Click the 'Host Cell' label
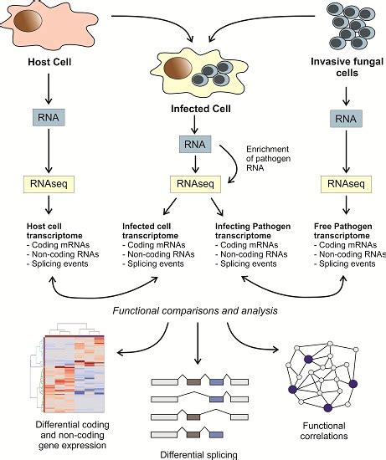click(x=36, y=61)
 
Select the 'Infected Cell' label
click(x=194, y=105)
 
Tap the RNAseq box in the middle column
click(x=193, y=181)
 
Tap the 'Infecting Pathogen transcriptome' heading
click(x=250, y=231)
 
